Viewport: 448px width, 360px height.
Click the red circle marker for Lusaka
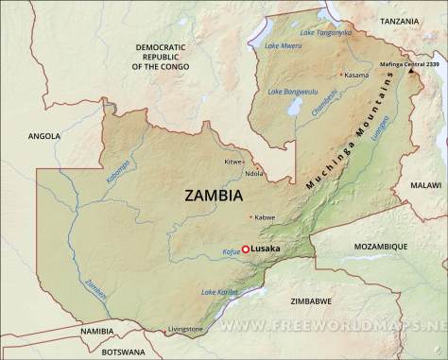pos(246,249)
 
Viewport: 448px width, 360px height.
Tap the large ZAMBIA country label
pos(212,196)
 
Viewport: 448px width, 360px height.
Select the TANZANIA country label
pos(399,20)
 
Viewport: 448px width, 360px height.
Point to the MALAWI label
pos(427,185)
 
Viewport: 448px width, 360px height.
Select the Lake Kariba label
pos(219,293)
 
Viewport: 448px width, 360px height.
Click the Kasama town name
pos(356,75)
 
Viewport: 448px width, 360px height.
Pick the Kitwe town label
pos(233,162)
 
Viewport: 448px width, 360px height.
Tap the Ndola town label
pos(254,173)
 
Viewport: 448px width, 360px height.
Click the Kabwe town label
pos(265,217)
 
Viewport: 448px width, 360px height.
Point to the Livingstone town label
pos(185,328)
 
